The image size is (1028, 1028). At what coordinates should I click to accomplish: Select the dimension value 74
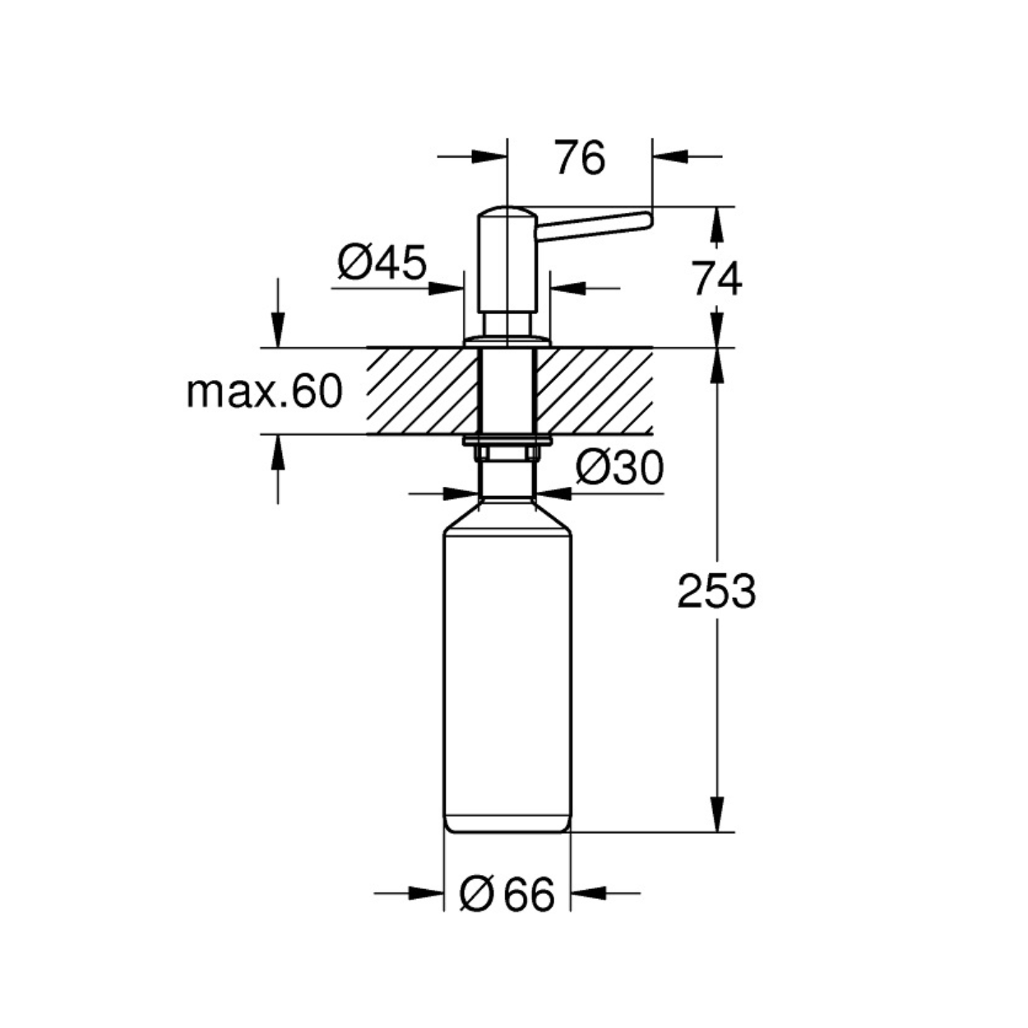click(717, 279)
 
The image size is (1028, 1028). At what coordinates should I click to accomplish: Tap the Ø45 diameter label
click(382, 262)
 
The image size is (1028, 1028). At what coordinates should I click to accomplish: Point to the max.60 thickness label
click(264, 391)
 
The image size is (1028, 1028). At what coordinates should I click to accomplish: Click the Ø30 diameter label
click(620, 468)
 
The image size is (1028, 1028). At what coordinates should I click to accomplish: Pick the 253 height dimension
click(716, 591)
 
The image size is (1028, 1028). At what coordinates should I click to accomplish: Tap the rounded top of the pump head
click(507, 212)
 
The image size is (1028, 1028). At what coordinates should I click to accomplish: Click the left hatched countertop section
click(422, 391)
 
